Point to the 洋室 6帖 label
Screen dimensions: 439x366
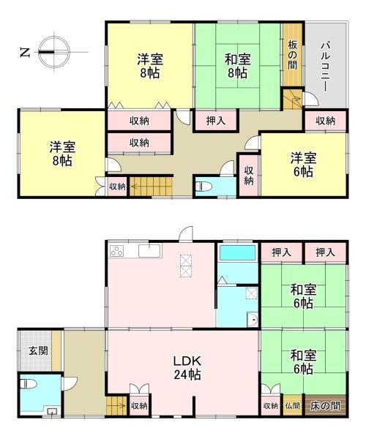click(302, 165)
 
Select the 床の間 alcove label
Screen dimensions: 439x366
click(324, 405)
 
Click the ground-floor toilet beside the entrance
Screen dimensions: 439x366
click(30, 384)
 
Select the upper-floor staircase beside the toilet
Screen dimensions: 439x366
click(151, 186)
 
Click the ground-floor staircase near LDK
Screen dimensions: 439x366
click(116, 403)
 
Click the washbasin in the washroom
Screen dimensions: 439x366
click(253, 319)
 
